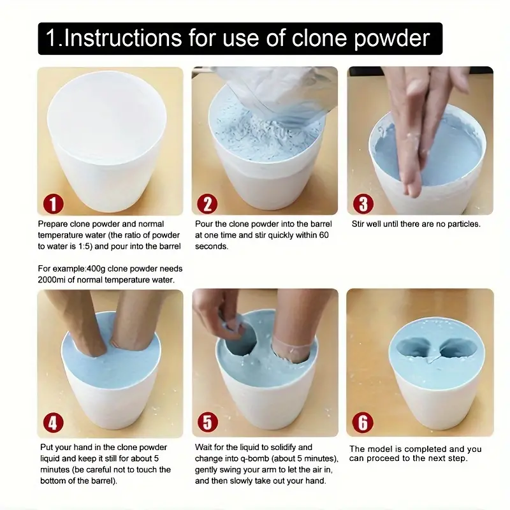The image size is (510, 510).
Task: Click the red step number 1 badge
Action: point(54,204)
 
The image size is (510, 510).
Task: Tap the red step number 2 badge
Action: point(207,204)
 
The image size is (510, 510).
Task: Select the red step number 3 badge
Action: point(363,204)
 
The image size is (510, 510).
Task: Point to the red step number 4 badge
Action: point(54,423)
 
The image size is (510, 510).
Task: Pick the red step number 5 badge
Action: point(208,423)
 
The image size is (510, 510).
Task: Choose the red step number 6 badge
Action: point(363,423)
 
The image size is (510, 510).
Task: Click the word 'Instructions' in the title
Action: point(123,38)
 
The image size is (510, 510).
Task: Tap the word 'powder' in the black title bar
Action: point(392,39)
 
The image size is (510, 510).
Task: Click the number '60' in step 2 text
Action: point(324,235)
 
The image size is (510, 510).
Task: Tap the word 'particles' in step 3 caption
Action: point(464,224)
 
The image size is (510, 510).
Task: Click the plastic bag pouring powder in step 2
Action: point(277,94)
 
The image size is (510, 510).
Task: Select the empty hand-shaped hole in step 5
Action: point(240,343)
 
